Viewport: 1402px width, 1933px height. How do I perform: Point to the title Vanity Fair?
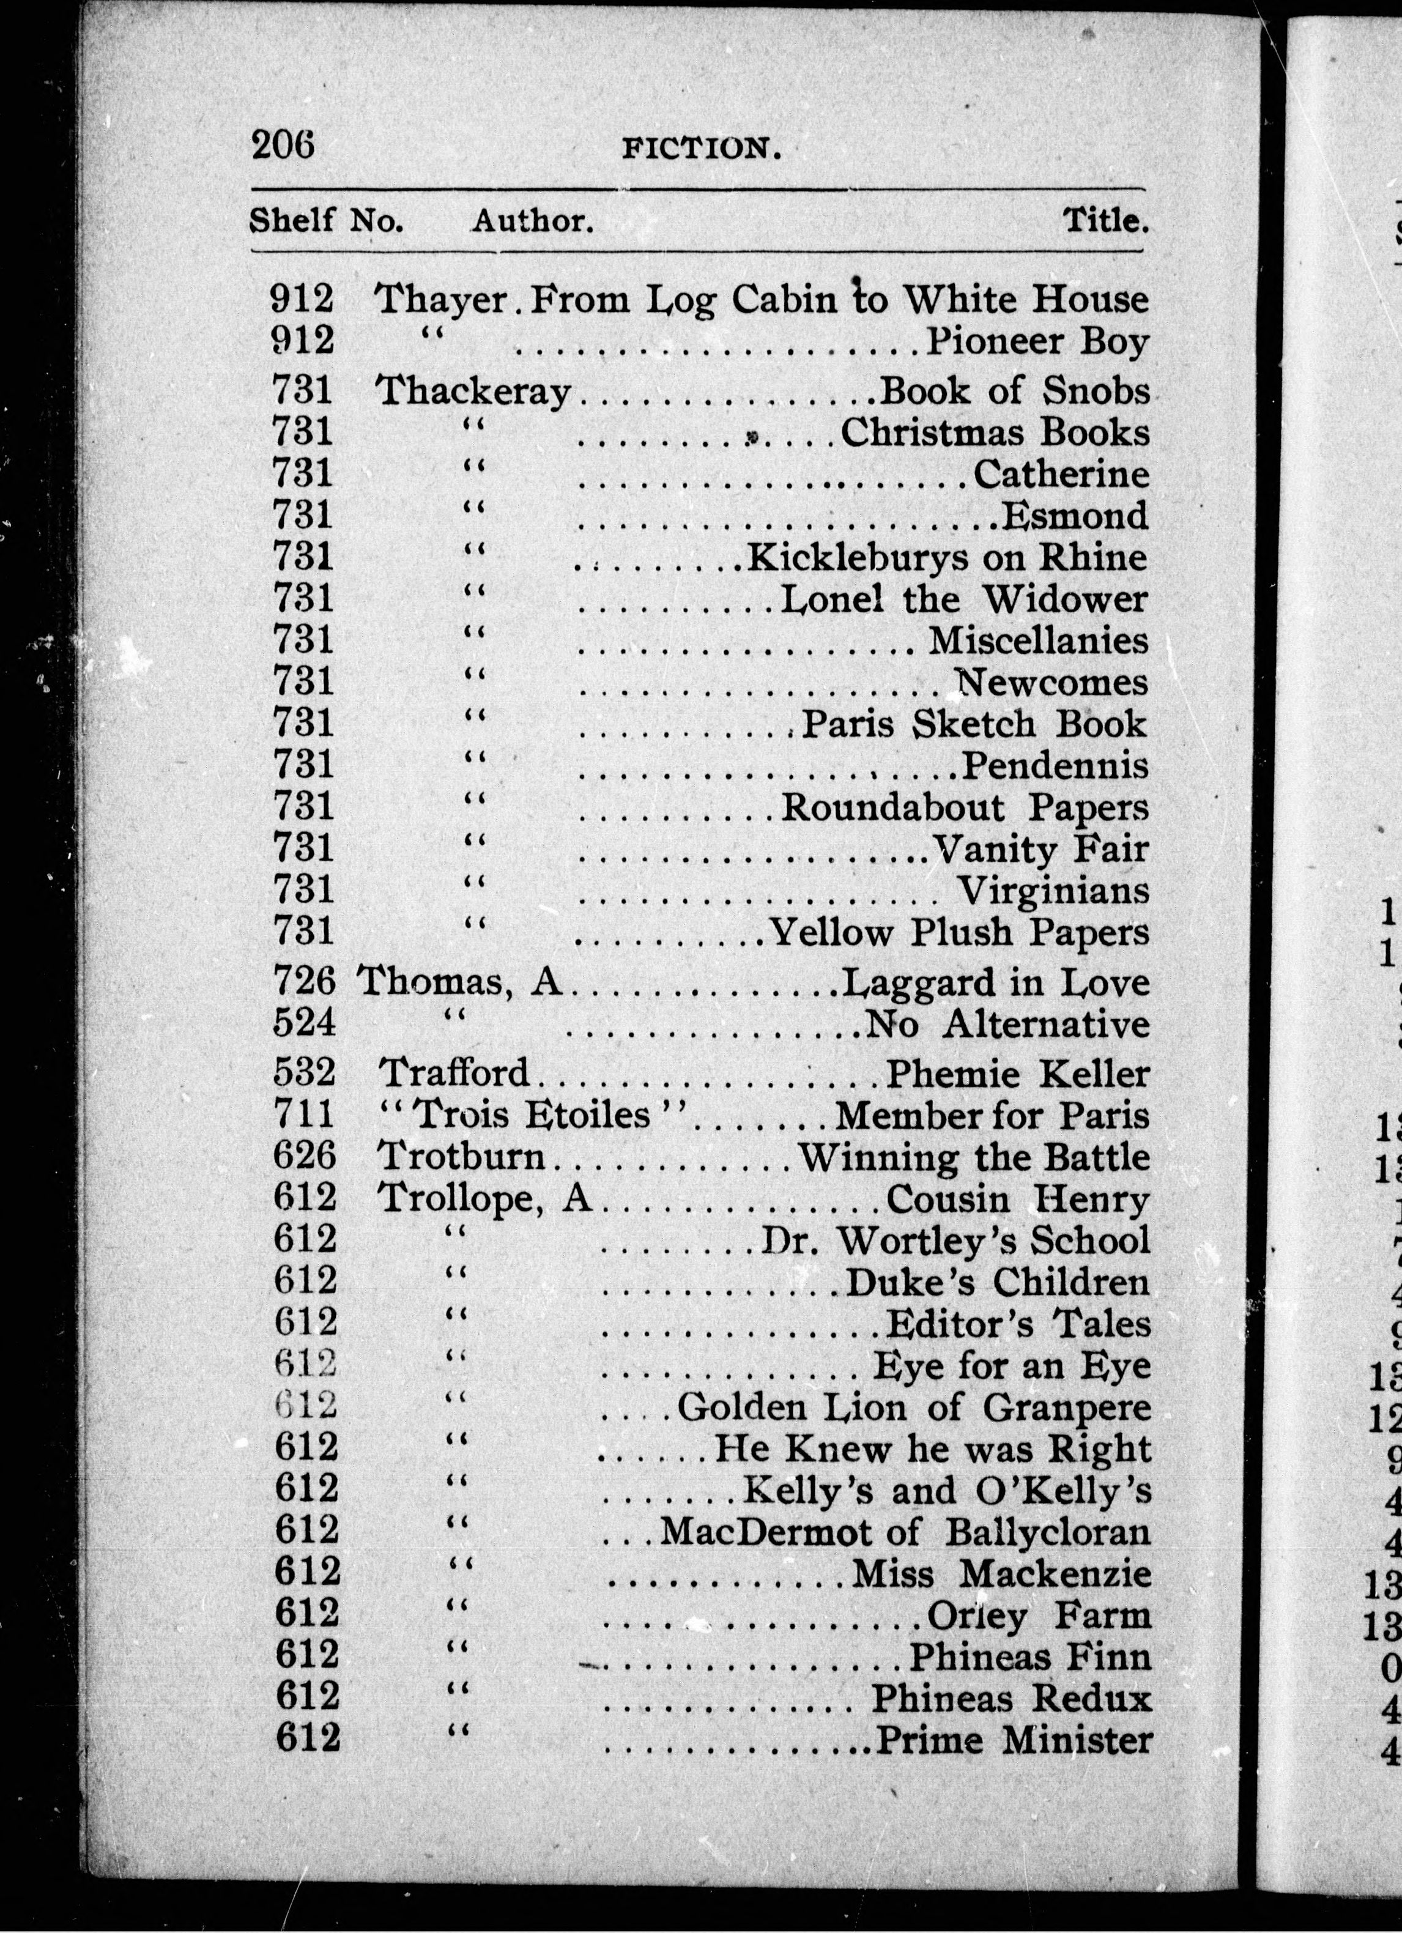1040,849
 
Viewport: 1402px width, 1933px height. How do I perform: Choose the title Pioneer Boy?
1038,342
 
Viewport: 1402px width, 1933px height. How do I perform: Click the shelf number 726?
304,982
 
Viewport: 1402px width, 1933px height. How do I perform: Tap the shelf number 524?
304,1023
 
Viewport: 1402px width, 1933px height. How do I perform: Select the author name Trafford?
454,1073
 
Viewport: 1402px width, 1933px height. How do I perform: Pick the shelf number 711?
304,1115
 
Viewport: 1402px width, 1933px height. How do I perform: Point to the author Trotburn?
461,1157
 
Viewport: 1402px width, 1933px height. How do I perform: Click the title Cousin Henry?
1018,1199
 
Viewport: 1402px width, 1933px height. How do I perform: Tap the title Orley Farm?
1039,1615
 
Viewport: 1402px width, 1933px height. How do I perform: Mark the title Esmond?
1075,516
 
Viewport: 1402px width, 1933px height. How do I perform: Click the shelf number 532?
304,1073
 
